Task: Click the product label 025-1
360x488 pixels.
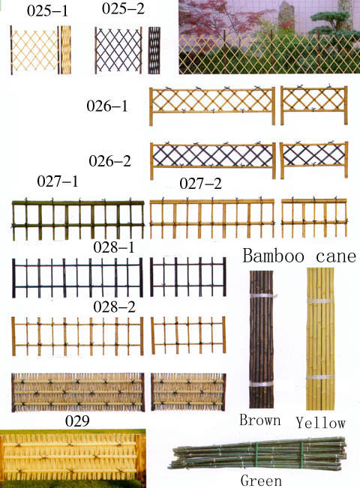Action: (x=47, y=11)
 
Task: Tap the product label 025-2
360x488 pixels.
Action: (x=123, y=9)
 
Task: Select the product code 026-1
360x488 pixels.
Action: (x=107, y=106)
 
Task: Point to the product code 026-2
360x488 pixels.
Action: (x=109, y=161)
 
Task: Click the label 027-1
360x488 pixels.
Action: (x=57, y=181)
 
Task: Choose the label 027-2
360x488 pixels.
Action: (x=200, y=184)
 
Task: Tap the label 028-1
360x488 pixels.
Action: (x=114, y=247)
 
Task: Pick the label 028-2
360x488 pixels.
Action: (x=114, y=307)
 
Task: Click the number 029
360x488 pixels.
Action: (x=77, y=421)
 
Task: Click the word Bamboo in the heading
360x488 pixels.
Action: (x=274, y=256)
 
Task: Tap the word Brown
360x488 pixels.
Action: (x=260, y=420)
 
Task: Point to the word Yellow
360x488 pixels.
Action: (x=320, y=423)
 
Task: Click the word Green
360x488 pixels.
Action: (x=261, y=481)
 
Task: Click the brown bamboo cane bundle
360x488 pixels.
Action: (x=262, y=340)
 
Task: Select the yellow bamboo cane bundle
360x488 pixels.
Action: (x=320, y=339)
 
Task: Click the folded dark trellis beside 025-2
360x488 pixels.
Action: (x=154, y=50)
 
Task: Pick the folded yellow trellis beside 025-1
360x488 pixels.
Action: (x=65, y=50)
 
